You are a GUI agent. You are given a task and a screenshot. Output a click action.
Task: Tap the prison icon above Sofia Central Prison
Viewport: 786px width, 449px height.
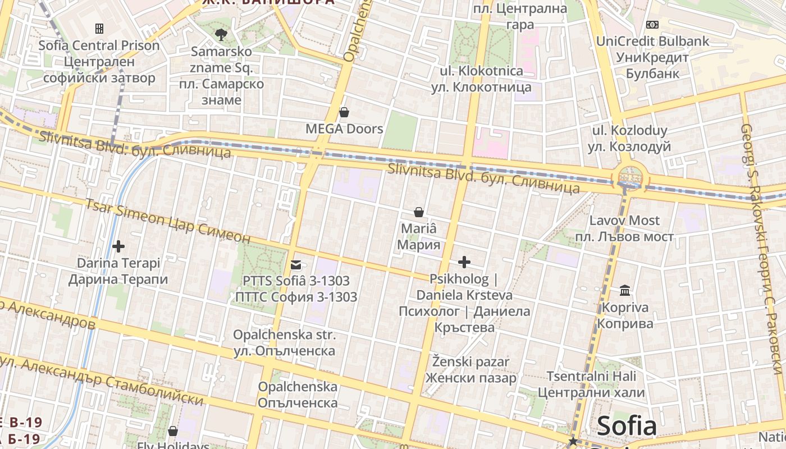99,28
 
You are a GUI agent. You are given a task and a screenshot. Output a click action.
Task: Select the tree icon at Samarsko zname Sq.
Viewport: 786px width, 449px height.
221,34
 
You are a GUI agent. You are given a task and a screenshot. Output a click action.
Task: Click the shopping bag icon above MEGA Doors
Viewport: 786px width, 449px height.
344,112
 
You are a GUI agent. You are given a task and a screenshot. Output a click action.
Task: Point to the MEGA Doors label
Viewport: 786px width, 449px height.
344,129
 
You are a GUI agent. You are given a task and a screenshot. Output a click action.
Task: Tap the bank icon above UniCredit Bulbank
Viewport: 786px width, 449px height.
652,25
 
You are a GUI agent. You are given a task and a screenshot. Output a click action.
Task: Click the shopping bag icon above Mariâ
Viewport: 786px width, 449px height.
418,212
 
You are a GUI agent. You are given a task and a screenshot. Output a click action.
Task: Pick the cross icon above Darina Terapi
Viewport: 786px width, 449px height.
118,246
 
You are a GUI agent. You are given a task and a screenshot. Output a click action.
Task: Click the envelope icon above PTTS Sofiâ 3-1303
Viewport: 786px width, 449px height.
296,264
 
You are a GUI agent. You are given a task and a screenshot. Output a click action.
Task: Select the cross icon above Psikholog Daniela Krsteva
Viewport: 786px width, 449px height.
464,262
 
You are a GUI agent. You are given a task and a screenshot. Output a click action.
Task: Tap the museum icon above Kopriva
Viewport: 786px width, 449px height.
624,291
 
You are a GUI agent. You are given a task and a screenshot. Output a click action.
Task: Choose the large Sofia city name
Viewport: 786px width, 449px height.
627,427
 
